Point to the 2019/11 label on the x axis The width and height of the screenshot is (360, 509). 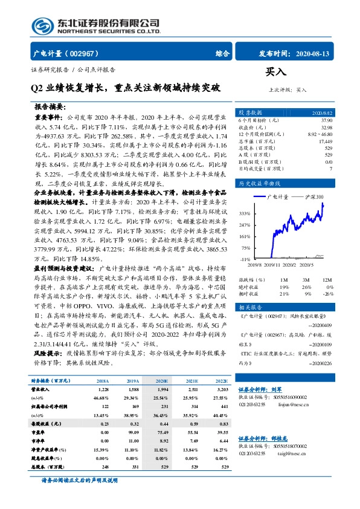click(269, 264)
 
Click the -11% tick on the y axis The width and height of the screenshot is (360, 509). click(245, 259)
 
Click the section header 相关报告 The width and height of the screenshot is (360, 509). click(249, 306)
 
